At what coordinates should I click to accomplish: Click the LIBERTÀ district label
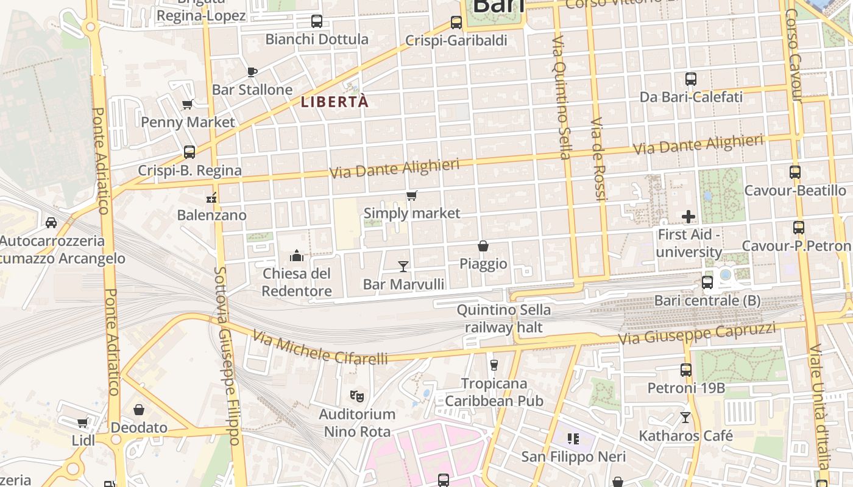(x=335, y=102)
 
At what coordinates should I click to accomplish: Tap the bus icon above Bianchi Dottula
(x=317, y=21)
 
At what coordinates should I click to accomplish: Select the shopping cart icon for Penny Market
(x=188, y=104)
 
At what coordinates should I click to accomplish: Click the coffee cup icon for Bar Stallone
(x=252, y=72)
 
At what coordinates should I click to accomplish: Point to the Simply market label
(x=412, y=213)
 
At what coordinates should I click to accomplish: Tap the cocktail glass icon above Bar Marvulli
(x=403, y=266)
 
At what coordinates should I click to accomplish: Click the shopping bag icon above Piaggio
(x=483, y=246)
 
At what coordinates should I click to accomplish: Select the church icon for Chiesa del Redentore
(x=297, y=255)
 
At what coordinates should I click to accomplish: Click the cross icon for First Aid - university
(x=688, y=217)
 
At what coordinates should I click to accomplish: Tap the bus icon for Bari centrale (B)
(x=707, y=282)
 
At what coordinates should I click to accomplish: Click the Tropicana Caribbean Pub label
(x=494, y=392)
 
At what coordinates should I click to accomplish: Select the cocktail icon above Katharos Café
(x=685, y=418)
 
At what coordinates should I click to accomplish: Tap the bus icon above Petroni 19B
(x=686, y=370)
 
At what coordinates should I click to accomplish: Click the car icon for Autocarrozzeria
(x=51, y=223)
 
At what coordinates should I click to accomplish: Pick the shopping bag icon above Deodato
(x=139, y=410)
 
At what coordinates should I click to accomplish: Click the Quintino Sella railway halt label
(x=504, y=318)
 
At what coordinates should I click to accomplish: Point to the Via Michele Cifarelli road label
(x=320, y=348)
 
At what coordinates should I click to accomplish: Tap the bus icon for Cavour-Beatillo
(x=795, y=172)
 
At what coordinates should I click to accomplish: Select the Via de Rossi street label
(x=598, y=159)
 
